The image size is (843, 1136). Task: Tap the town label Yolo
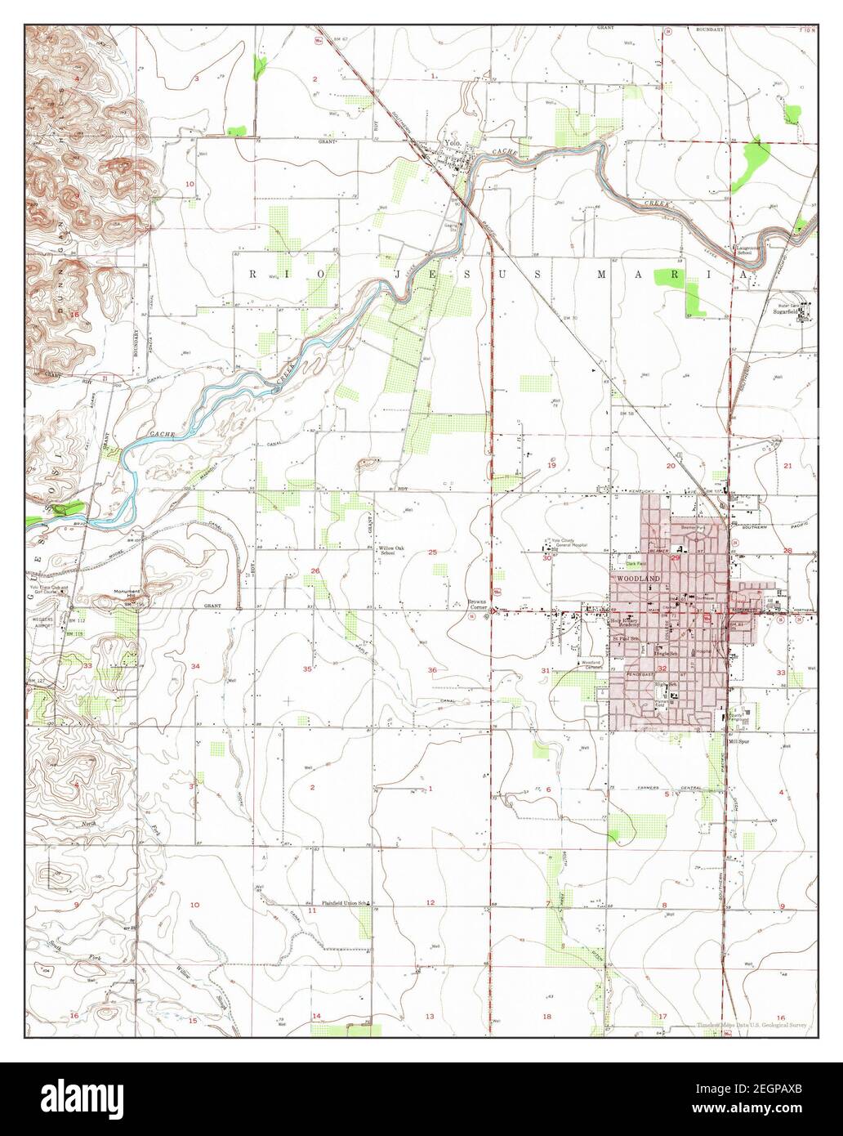pyautogui.click(x=452, y=143)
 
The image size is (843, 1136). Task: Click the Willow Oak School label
pyautogui.click(x=388, y=551)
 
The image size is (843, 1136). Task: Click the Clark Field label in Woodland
pyautogui.click(x=635, y=563)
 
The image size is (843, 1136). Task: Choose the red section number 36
pyautogui.click(x=432, y=670)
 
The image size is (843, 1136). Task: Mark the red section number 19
pyautogui.click(x=551, y=464)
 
